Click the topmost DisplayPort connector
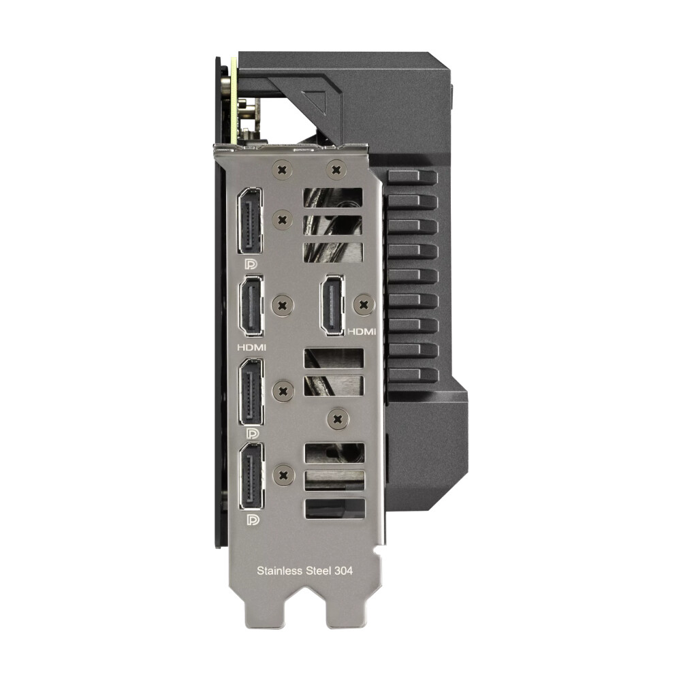tap(250, 221)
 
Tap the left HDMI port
tap(251, 306)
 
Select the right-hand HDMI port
tap(332, 305)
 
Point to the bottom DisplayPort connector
tap(251, 477)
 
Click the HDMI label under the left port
tap(251, 347)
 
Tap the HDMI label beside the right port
tap(362, 332)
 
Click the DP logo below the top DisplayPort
tap(251, 264)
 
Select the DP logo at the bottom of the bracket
tap(253, 520)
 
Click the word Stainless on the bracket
tap(279, 571)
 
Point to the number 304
tap(343, 571)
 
